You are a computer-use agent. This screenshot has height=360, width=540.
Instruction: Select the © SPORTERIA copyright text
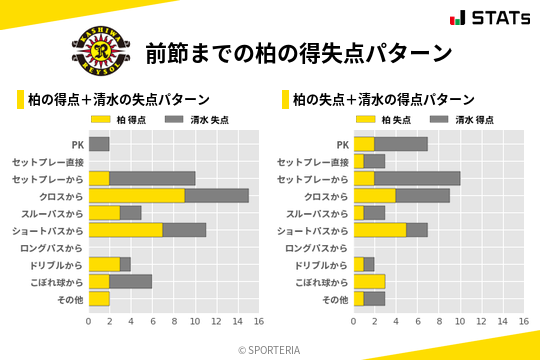point(270,349)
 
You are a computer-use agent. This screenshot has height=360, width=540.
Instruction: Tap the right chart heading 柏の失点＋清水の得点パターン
point(383,100)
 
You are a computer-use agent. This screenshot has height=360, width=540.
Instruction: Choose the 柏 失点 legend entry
point(387,119)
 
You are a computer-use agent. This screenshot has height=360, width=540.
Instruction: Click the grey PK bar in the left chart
point(99,144)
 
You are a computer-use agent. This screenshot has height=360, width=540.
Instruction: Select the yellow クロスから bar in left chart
point(137,196)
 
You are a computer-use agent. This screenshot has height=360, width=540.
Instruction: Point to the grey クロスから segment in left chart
point(216,196)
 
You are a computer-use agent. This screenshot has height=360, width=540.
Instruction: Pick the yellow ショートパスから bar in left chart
point(126,230)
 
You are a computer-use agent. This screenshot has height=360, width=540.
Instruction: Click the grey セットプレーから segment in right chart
point(417,178)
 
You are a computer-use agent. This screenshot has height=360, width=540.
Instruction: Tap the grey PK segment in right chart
point(401,144)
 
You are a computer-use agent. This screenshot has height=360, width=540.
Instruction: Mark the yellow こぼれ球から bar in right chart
point(369,282)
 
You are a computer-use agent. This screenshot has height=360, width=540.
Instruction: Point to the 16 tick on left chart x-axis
point(258,321)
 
